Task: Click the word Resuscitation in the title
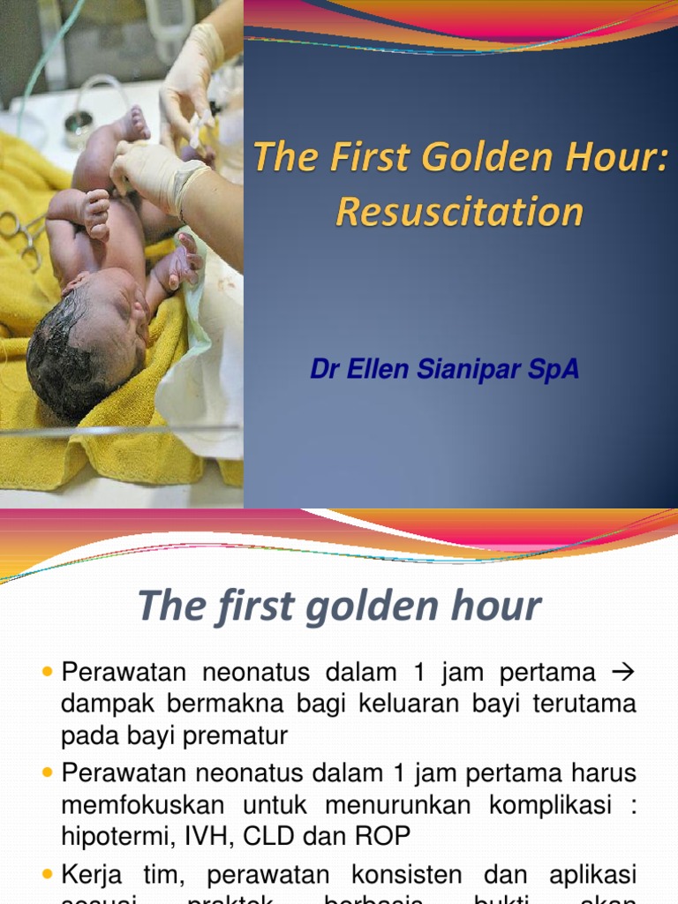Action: pos(459,213)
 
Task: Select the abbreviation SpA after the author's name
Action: pos(553,369)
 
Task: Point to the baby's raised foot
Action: pos(132,124)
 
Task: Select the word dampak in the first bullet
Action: pos(104,704)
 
